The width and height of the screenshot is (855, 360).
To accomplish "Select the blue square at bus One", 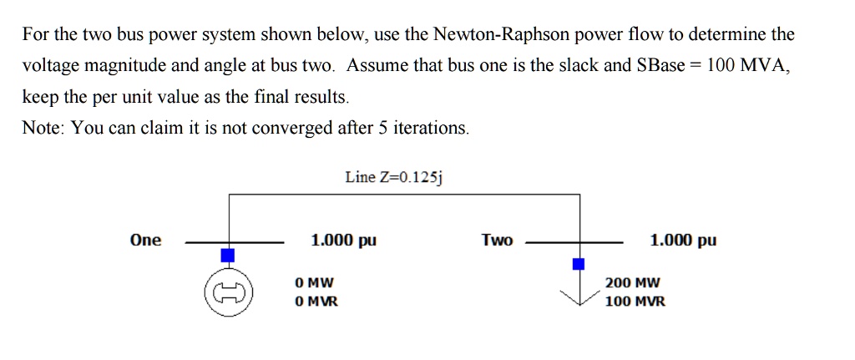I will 228,254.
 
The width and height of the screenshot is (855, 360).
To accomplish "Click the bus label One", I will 145,241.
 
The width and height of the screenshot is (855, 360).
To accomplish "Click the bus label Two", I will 497,241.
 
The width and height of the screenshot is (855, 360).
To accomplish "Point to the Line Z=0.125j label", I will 397,177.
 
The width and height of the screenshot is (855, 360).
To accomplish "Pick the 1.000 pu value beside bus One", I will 343,241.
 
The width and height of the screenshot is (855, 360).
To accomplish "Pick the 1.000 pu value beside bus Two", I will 682,241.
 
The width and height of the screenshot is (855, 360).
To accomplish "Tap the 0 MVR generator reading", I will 316,302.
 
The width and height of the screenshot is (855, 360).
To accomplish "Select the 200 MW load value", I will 632,283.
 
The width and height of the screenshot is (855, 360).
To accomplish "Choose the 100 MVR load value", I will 635,302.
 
